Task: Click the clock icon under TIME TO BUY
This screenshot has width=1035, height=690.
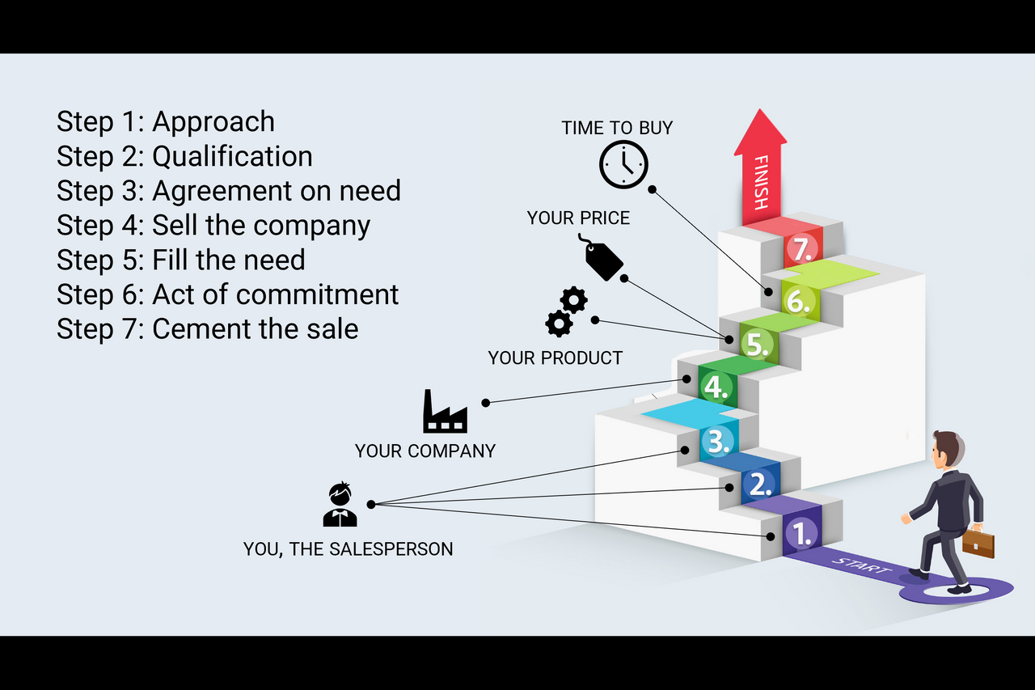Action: tap(623, 165)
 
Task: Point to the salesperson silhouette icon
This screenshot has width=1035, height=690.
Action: tap(340, 505)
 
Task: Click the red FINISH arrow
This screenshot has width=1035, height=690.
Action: tap(760, 170)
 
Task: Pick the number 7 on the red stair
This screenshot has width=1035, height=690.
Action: tap(802, 248)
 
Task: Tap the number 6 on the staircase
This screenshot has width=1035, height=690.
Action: tap(799, 301)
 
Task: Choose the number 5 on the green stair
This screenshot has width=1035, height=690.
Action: tap(758, 344)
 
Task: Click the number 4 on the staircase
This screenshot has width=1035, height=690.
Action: tap(716, 387)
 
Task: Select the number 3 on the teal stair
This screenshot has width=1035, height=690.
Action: tap(717, 441)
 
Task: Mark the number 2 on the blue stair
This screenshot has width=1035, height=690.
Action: tap(760, 484)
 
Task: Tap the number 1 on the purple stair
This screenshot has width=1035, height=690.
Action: tap(801, 532)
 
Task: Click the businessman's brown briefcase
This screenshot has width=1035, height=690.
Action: tap(978, 543)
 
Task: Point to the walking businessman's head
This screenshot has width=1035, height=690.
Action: tap(945, 448)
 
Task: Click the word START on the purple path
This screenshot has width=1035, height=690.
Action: tap(862, 565)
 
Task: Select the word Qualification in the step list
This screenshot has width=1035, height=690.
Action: tap(232, 156)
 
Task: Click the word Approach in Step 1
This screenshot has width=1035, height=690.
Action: tap(213, 121)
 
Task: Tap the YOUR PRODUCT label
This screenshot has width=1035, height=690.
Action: tap(556, 358)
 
